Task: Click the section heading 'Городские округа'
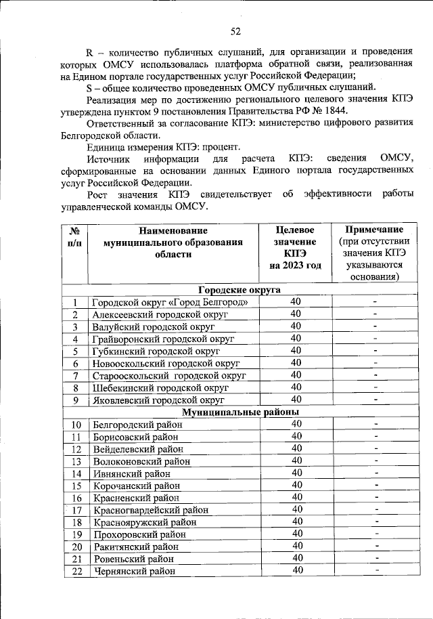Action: (239, 289)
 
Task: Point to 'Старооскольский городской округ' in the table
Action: (168, 376)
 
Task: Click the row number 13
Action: (76, 461)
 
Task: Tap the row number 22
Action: (76, 572)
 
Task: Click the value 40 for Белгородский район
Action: (296, 424)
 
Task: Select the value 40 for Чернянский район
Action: (296, 571)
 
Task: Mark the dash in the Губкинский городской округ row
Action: (374, 351)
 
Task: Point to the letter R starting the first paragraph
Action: (89, 51)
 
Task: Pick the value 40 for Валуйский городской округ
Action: (296, 326)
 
